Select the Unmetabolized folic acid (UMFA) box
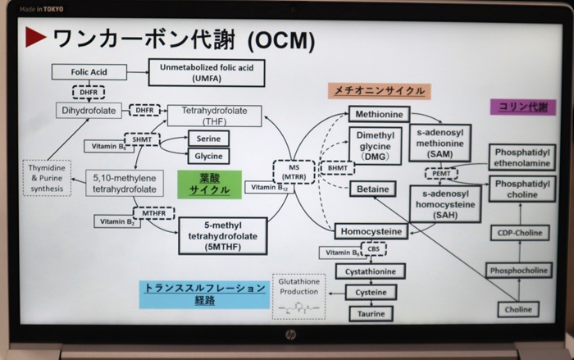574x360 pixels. [x=207, y=72]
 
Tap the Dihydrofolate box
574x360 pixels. [x=88, y=109]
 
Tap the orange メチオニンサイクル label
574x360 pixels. [x=379, y=90]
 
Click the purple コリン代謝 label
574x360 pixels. [x=518, y=106]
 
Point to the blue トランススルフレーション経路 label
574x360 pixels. [x=205, y=294]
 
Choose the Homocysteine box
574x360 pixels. [x=371, y=231]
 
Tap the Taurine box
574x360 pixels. [x=371, y=313]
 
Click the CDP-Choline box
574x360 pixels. [x=517, y=233]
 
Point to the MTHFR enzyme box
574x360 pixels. [x=153, y=214]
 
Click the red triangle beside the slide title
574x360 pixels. [x=34, y=37]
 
